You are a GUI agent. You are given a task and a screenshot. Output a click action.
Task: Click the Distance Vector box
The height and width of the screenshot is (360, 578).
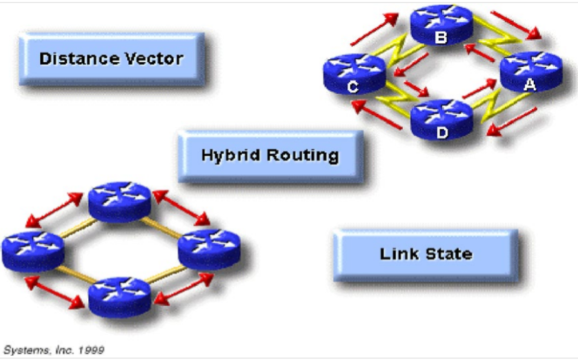(x=112, y=59)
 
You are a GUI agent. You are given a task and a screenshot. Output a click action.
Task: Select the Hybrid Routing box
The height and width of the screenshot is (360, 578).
(x=270, y=155)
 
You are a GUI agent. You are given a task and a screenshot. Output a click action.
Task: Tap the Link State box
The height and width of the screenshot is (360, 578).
(x=426, y=254)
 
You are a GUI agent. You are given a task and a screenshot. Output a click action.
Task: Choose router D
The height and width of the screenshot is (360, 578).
(x=441, y=119)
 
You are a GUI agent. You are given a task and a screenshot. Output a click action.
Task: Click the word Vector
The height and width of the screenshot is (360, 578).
(x=156, y=59)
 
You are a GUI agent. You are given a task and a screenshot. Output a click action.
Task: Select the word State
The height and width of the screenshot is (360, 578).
(x=448, y=254)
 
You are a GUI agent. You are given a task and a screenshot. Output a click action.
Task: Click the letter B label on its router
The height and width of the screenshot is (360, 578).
(x=440, y=37)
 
